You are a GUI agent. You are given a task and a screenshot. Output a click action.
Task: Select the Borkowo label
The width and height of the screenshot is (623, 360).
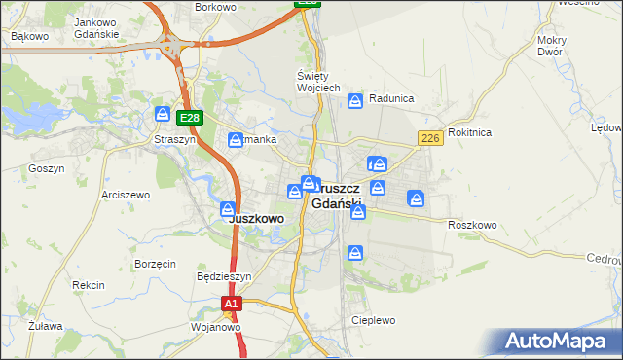click(216, 7)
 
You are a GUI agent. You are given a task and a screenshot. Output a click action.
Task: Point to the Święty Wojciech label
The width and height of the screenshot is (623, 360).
click(317, 82)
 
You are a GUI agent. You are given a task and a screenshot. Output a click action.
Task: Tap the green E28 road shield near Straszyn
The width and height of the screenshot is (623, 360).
click(190, 119)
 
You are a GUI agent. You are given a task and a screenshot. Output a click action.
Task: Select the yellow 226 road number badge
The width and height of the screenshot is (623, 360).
click(430, 140)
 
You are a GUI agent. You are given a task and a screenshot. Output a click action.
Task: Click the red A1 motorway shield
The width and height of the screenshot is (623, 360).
click(230, 305)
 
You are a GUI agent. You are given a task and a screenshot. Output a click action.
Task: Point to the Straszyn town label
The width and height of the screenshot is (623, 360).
click(175, 139)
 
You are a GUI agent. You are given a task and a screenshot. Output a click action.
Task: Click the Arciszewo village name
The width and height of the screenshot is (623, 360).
click(126, 195)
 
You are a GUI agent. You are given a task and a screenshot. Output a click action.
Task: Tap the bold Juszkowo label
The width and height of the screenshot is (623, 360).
click(256, 219)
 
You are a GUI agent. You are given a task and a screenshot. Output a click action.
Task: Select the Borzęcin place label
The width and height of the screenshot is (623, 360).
click(156, 264)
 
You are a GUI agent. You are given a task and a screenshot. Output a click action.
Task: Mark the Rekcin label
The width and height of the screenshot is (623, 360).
click(88, 285)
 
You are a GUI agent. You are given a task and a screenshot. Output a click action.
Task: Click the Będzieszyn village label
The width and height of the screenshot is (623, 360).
click(224, 276)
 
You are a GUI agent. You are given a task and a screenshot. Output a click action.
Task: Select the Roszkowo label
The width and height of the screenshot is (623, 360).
click(472, 225)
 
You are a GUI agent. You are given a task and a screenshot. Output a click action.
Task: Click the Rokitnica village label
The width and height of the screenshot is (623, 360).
click(469, 132)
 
